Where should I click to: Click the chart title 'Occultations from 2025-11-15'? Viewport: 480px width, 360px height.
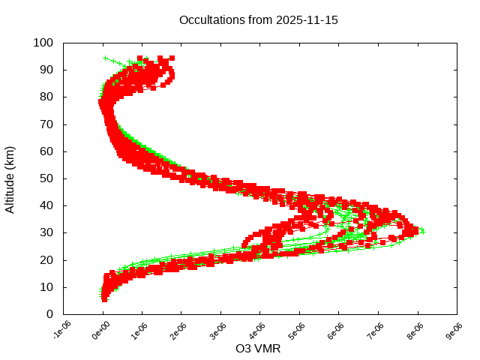(259, 20)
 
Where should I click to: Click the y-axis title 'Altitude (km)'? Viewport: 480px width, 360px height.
(10, 178)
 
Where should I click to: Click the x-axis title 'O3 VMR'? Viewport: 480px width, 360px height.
(258, 348)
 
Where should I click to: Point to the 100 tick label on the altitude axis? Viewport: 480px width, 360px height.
(43, 43)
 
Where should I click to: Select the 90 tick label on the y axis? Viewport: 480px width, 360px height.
(46, 70)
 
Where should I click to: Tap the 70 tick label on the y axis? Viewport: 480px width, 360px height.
(46, 124)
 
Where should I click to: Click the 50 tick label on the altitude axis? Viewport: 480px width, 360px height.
(46, 178)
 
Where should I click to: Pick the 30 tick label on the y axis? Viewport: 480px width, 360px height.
(46, 232)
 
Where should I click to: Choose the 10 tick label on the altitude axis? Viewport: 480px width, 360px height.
(46, 287)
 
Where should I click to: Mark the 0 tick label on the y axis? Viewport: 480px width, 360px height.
(49, 314)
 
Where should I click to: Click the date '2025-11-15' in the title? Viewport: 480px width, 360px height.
(308, 20)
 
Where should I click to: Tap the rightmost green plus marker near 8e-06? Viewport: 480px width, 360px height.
(422, 231)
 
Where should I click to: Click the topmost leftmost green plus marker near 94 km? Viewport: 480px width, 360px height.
(106, 58)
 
